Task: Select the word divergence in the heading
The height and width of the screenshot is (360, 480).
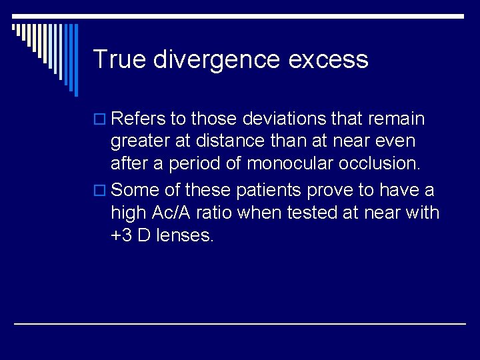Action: [217, 59]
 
